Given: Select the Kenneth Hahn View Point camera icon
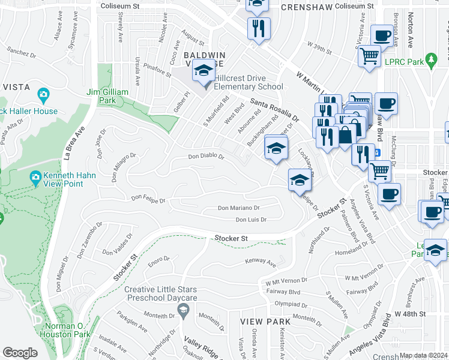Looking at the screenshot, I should click(x=35, y=177).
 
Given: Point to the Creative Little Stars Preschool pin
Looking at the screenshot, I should click(x=184, y=310).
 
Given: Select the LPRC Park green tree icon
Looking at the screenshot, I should click(x=430, y=60).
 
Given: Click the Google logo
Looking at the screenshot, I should click(x=20, y=353).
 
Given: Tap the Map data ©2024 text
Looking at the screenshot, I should click(x=423, y=355).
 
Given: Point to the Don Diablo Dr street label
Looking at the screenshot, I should click(x=206, y=157).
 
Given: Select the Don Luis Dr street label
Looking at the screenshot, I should click(x=250, y=220).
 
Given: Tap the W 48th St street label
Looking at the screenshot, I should click(x=410, y=314).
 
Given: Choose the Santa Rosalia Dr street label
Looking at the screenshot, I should click(x=274, y=108).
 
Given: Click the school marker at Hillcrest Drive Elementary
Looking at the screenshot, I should click(x=203, y=72).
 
